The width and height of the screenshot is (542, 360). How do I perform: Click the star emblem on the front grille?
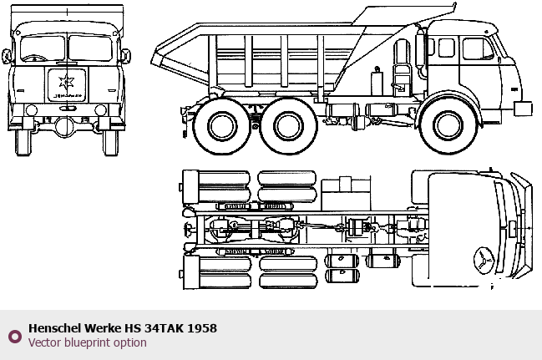pyautogui.click(x=66, y=82)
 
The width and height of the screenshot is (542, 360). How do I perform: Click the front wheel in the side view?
pyautogui.click(x=448, y=124)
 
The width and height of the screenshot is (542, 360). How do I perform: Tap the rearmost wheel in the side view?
pyautogui.click(x=221, y=126)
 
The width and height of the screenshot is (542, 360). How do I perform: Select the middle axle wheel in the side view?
pyautogui.click(x=288, y=126)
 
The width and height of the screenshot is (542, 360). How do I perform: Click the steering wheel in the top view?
pyautogui.click(x=484, y=261)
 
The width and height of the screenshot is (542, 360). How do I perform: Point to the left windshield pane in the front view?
pyautogui.click(x=43, y=48)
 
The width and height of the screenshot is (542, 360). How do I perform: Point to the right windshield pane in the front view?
pyautogui.click(x=90, y=48)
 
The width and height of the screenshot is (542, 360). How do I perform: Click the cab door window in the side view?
pyautogui.click(x=478, y=48)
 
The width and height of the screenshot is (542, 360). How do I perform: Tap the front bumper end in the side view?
pyautogui.click(x=523, y=109)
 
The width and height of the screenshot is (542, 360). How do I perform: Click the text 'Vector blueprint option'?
pyautogui.click(x=88, y=342)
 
